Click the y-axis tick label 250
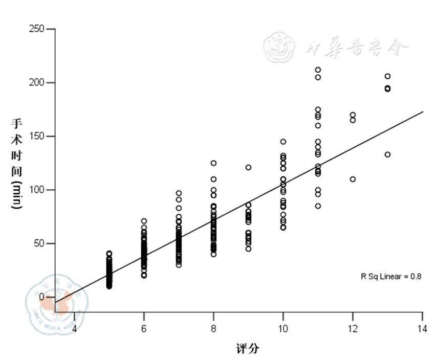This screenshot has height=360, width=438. pos(36,29)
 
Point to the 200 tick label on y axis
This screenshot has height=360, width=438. pos(36,82)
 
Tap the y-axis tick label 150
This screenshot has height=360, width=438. pos(36,136)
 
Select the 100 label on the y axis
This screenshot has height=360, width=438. pos(36,190)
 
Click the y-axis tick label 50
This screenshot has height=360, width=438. pos(38,243)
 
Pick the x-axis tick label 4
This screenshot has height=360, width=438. pos(74,328)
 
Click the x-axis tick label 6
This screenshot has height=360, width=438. pos(144,328)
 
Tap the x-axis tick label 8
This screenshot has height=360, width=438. pos(213,328)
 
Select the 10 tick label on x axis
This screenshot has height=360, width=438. pos(283,328)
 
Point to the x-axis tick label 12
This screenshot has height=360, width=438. pos(353,328)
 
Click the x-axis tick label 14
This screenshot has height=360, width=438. pos(422,328)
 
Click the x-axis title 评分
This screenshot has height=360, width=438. pos(248,349)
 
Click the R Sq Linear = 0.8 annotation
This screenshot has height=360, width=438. pos(391,277)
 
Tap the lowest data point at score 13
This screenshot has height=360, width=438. pos(387,154)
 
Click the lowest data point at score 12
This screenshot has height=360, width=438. pos(353,179)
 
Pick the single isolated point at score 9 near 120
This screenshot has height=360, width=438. pos(248,167)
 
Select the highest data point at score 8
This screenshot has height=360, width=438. pos(213,163)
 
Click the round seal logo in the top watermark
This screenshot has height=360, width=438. pos(279,48)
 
